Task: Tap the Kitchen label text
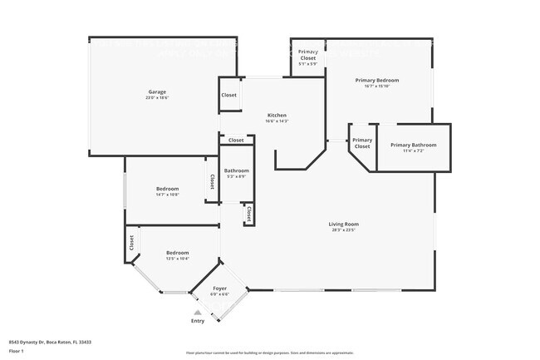click(x=277, y=115)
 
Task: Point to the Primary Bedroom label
click(x=378, y=80)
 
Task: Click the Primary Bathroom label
click(x=413, y=145)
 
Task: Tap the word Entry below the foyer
click(x=198, y=321)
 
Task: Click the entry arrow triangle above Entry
click(x=198, y=313)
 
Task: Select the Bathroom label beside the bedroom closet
click(x=236, y=171)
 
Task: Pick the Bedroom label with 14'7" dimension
click(x=167, y=189)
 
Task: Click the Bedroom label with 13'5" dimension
click(x=177, y=253)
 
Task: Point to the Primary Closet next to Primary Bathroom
click(x=361, y=144)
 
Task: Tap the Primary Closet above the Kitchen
click(x=307, y=55)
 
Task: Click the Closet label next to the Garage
click(x=229, y=95)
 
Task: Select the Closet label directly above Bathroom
click(x=236, y=141)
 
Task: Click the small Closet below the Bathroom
click(x=248, y=214)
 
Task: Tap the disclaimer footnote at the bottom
click(x=269, y=353)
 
